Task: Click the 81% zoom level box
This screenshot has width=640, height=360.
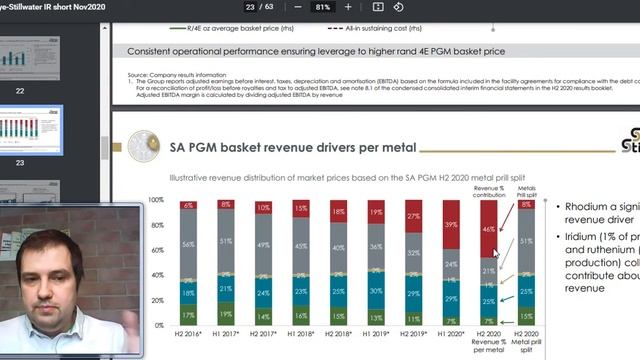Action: pos(322,7)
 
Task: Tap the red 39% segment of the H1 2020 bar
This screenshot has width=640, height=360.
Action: pos(451,225)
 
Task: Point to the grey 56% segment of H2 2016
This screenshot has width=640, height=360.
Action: pos(187,242)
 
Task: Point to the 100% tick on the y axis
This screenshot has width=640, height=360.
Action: pos(156,200)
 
